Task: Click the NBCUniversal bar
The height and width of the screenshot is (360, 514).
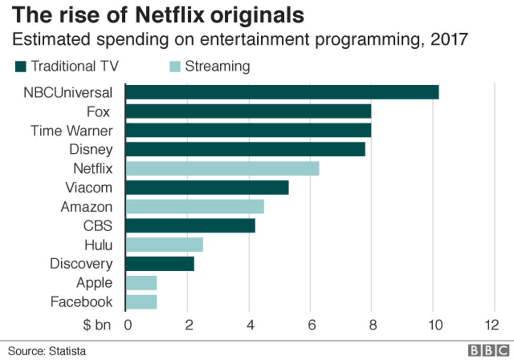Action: tap(282, 92)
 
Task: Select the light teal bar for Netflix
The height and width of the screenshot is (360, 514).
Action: tap(222, 168)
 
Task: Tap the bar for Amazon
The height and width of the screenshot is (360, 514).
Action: tap(195, 207)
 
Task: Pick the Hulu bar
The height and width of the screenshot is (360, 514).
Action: tap(164, 245)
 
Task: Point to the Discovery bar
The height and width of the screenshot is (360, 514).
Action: tap(160, 264)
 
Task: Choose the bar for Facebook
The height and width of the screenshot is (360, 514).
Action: tap(142, 302)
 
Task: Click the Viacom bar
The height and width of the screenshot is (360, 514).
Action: tap(207, 187)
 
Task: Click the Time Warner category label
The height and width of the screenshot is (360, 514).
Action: tap(71, 131)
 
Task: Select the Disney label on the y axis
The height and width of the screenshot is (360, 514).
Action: tap(91, 149)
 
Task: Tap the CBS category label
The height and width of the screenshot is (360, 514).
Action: tap(97, 226)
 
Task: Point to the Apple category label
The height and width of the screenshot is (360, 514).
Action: tap(94, 283)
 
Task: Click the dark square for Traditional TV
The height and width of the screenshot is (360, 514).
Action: tap(21, 67)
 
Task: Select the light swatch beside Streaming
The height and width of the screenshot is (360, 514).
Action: tap(175, 67)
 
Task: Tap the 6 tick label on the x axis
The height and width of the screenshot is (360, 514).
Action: tap(310, 325)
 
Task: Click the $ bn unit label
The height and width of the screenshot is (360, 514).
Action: tap(96, 325)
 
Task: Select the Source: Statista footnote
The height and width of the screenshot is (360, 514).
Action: tap(46, 351)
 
